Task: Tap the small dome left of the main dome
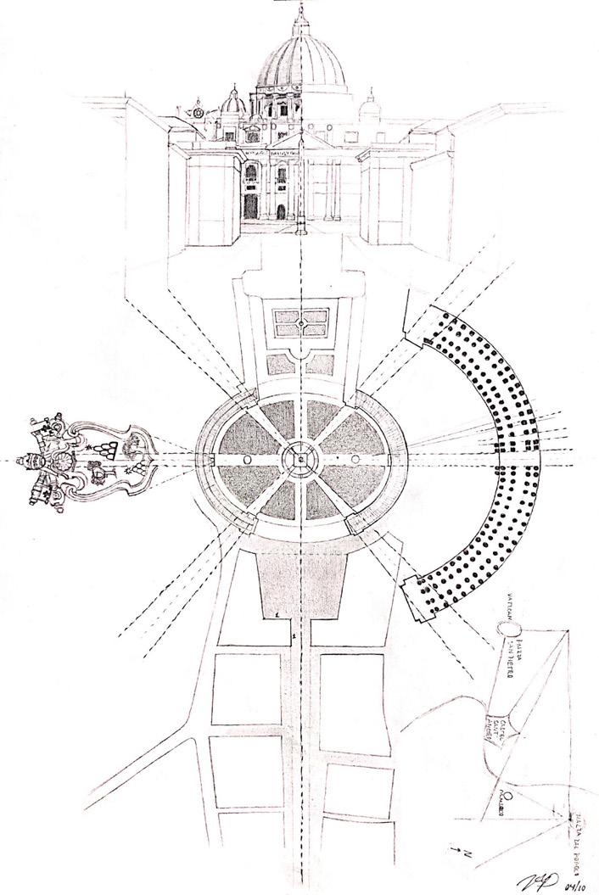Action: point(234,102)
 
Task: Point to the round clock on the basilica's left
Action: point(198,112)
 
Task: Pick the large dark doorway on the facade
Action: point(252,207)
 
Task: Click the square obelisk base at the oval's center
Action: point(301,459)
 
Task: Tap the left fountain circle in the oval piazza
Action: point(246,459)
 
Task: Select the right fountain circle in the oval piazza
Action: point(355,459)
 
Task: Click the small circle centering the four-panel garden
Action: point(300,322)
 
